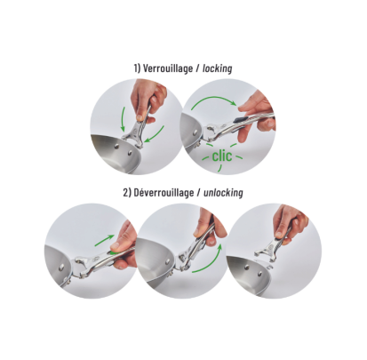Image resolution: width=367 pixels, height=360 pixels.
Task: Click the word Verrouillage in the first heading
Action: click(168, 68)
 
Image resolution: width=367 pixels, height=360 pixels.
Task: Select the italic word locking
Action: click(217, 68)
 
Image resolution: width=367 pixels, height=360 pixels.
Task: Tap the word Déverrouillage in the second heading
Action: click(164, 193)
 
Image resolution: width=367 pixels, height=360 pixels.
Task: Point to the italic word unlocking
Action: click(223, 193)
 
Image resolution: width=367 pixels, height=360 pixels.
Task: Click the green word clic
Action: click(222, 156)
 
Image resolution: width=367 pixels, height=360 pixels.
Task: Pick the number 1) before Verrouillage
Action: click(137, 68)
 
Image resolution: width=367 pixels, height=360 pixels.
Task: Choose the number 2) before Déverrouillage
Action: click(127, 193)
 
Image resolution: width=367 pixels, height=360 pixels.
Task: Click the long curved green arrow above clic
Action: click(213, 100)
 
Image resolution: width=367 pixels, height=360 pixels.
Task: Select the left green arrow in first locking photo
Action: click(124, 120)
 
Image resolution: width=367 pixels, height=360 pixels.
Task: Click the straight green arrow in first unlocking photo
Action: click(104, 240)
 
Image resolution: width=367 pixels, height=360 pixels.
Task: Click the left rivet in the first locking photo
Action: click(117, 146)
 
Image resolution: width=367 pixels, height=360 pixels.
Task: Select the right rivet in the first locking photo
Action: click(130, 153)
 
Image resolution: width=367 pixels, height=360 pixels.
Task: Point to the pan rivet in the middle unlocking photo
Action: click(168, 261)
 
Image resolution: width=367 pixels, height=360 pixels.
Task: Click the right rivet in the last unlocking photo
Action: click(259, 272)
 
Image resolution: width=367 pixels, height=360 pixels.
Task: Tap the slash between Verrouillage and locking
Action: click(197, 68)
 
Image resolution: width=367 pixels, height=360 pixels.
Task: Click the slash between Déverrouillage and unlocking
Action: click(199, 193)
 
